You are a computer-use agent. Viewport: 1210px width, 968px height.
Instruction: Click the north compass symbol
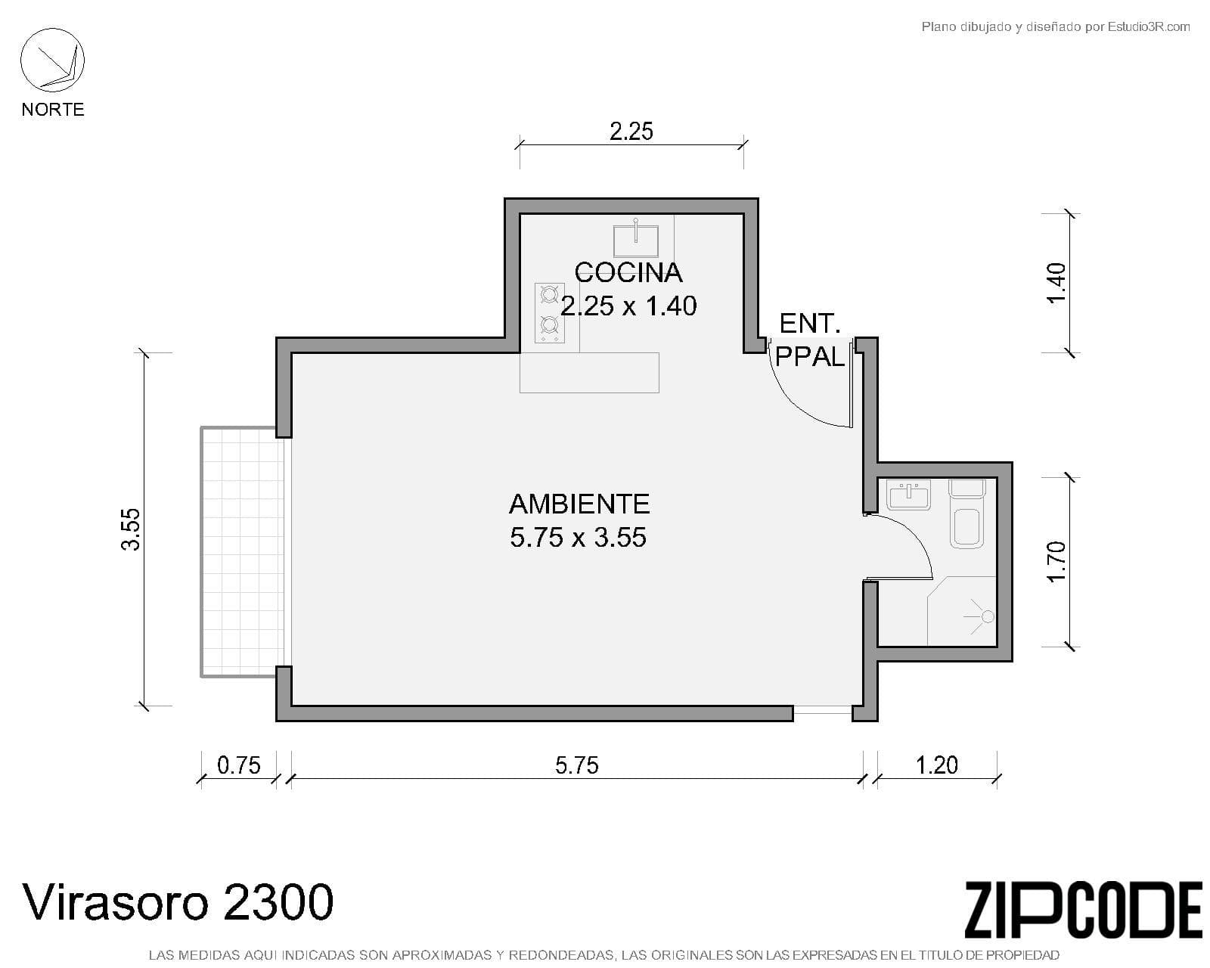[52, 60]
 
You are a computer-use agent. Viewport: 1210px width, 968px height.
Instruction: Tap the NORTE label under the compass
[53, 109]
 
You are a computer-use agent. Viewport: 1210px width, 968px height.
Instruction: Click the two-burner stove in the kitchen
[549, 313]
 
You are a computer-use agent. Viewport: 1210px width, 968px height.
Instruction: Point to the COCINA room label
[628, 273]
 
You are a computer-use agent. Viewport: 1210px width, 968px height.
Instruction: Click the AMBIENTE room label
[579, 504]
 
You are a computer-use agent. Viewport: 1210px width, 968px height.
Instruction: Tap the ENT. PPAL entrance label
[810, 340]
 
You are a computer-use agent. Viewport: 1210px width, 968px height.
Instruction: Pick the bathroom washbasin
[908, 495]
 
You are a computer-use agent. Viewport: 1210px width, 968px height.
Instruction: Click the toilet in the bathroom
[966, 513]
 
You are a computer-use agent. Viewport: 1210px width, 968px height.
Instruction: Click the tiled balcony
[243, 552]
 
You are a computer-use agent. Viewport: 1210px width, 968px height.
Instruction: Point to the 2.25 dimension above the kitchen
[631, 132]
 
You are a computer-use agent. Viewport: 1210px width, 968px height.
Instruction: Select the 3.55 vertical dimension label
[131, 529]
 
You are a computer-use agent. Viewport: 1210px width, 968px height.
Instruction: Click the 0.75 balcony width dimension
[239, 765]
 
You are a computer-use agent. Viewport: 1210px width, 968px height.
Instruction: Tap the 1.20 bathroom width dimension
[937, 765]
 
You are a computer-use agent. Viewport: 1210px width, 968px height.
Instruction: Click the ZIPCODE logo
[1084, 911]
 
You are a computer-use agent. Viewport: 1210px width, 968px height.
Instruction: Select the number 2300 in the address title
[278, 902]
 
